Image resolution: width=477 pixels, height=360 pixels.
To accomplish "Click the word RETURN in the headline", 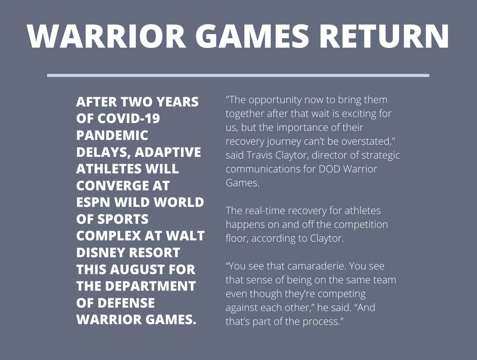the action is coord(383,36).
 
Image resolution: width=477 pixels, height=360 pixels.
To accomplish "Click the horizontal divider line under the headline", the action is coord(238,75).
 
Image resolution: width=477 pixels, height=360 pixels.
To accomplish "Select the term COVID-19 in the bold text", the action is coord(129,118).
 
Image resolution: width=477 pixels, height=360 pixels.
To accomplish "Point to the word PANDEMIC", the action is coord(112,135).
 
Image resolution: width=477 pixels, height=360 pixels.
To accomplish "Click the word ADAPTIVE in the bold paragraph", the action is coord(168,152).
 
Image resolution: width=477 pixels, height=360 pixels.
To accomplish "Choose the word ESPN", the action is coord(94,202).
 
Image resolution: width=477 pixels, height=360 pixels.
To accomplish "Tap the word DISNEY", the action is coord(101,253).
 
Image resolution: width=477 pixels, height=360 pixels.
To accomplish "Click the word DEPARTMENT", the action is coord(151,286).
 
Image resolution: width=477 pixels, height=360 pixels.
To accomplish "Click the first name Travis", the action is coord(259,155).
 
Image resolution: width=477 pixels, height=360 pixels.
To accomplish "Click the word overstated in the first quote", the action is coord(368,141).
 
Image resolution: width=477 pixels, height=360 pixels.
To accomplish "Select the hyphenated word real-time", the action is coord(265,211).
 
